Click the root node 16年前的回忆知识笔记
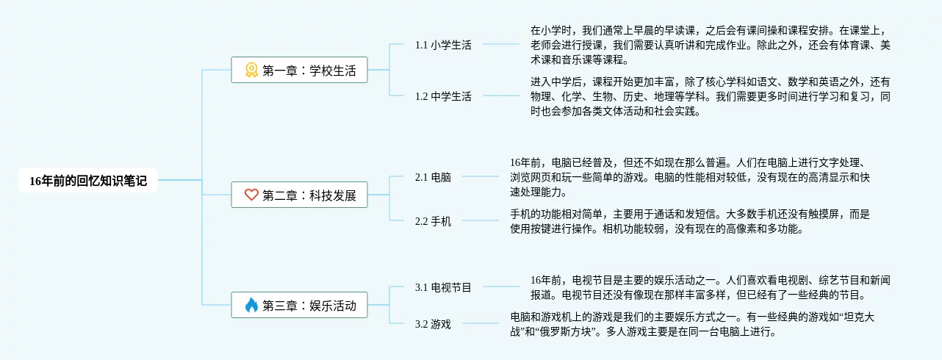click(88, 180)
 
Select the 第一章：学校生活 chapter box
click(299, 71)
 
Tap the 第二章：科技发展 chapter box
click(299, 195)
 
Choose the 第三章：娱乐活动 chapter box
click(299, 305)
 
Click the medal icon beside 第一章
click(251, 71)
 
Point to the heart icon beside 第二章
click(251, 195)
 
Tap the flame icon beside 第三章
click(251, 305)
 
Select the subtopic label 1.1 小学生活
click(443, 45)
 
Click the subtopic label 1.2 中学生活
click(443, 96)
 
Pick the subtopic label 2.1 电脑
click(433, 177)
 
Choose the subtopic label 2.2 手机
click(433, 221)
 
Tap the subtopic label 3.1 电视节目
click(443, 287)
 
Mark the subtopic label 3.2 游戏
click(433, 324)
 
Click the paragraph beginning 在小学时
click(710, 45)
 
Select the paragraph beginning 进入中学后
click(710, 96)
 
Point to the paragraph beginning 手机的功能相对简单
click(689, 221)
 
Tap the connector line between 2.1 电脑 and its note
click(480, 176)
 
